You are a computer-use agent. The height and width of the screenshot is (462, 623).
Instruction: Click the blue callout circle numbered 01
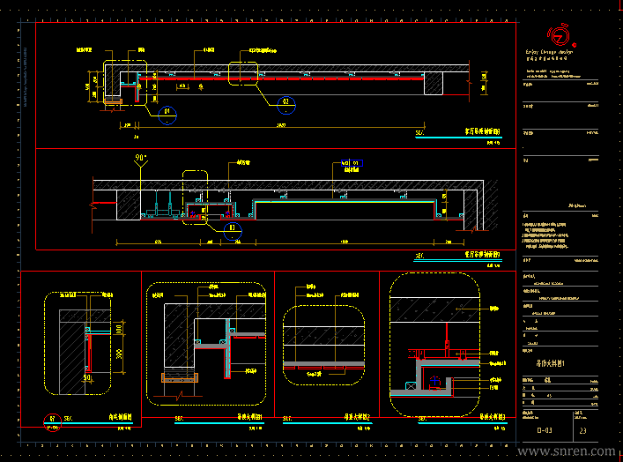(x=167, y=112)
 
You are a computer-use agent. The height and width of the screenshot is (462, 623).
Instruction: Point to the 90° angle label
(x=140, y=158)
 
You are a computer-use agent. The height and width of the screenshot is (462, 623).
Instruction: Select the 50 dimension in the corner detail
(x=86, y=378)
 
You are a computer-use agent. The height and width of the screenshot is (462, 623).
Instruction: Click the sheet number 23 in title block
(x=583, y=431)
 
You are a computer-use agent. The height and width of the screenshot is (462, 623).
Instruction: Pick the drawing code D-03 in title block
(x=545, y=431)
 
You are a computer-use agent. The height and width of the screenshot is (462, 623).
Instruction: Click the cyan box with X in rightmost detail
(x=411, y=385)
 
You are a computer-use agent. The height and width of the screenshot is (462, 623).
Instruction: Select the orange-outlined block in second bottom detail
(x=177, y=377)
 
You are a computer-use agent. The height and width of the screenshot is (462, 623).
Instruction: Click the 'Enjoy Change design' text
(x=548, y=52)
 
